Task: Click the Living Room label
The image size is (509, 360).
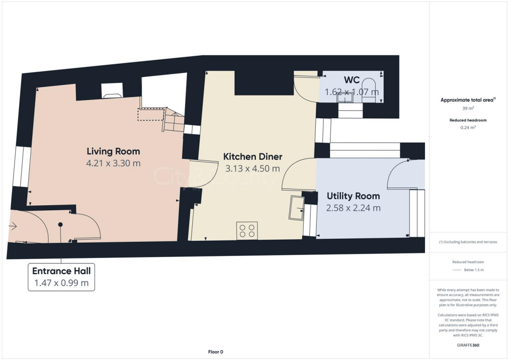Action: click(113, 151)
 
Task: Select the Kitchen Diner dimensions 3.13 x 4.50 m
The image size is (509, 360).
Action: click(253, 169)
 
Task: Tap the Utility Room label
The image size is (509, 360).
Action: click(353, 196)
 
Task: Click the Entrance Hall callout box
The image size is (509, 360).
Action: click(61, 277)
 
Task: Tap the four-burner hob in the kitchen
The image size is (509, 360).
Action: click(247, 231)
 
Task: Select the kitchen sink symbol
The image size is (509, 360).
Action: click(297, 207)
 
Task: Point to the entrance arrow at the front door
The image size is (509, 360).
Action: click(13, 227)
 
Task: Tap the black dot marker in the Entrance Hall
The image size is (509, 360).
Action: click(61, 224)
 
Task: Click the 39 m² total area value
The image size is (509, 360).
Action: click(467, 108)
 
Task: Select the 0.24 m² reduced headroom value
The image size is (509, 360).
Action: click(468, 127)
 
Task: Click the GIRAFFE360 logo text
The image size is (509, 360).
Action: click(468, 345)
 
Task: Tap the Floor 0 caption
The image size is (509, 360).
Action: click(215, 352)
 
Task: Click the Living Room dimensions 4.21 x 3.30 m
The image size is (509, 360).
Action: click(113, 163)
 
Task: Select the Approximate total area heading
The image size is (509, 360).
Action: click(467, 100)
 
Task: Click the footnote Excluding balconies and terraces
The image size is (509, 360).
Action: click(468, 242)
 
